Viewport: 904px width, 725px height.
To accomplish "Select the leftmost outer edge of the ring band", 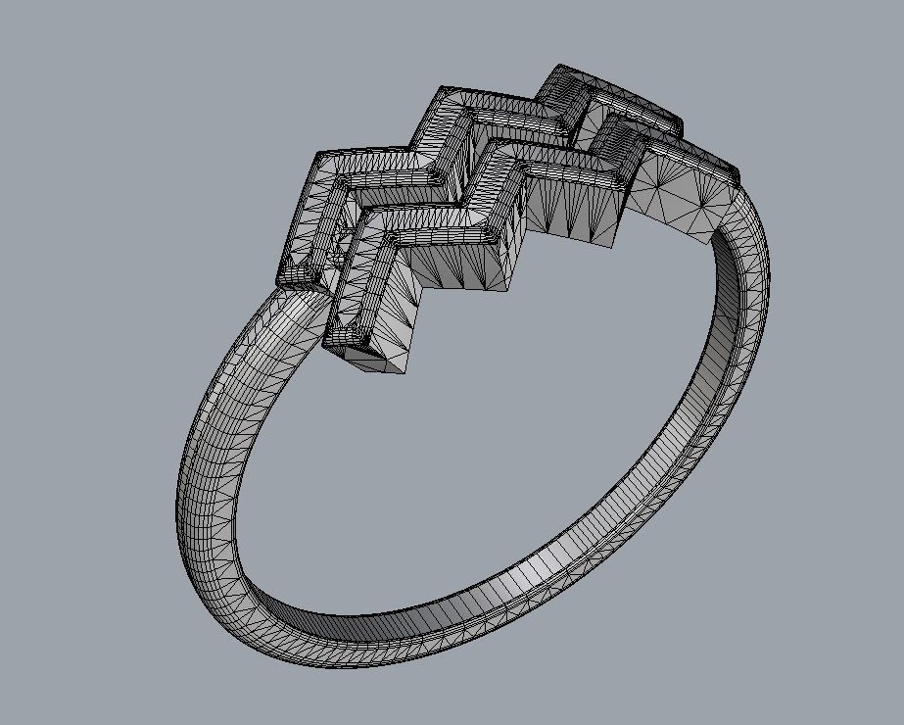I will tap(177, 490).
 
